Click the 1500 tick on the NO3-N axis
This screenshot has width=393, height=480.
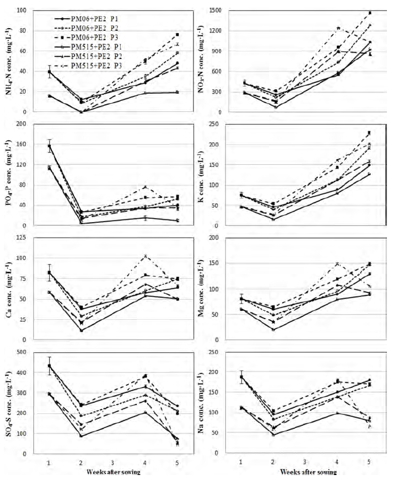pyautogui.click(x=217, y=10)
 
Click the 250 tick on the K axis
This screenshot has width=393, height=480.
pyautogui.click(x=219, y=124)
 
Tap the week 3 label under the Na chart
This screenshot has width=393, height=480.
pyautogui.click(x=304, y=459)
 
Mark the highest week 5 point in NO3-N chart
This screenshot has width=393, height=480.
pyautogui.click(x=370, y=13)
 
